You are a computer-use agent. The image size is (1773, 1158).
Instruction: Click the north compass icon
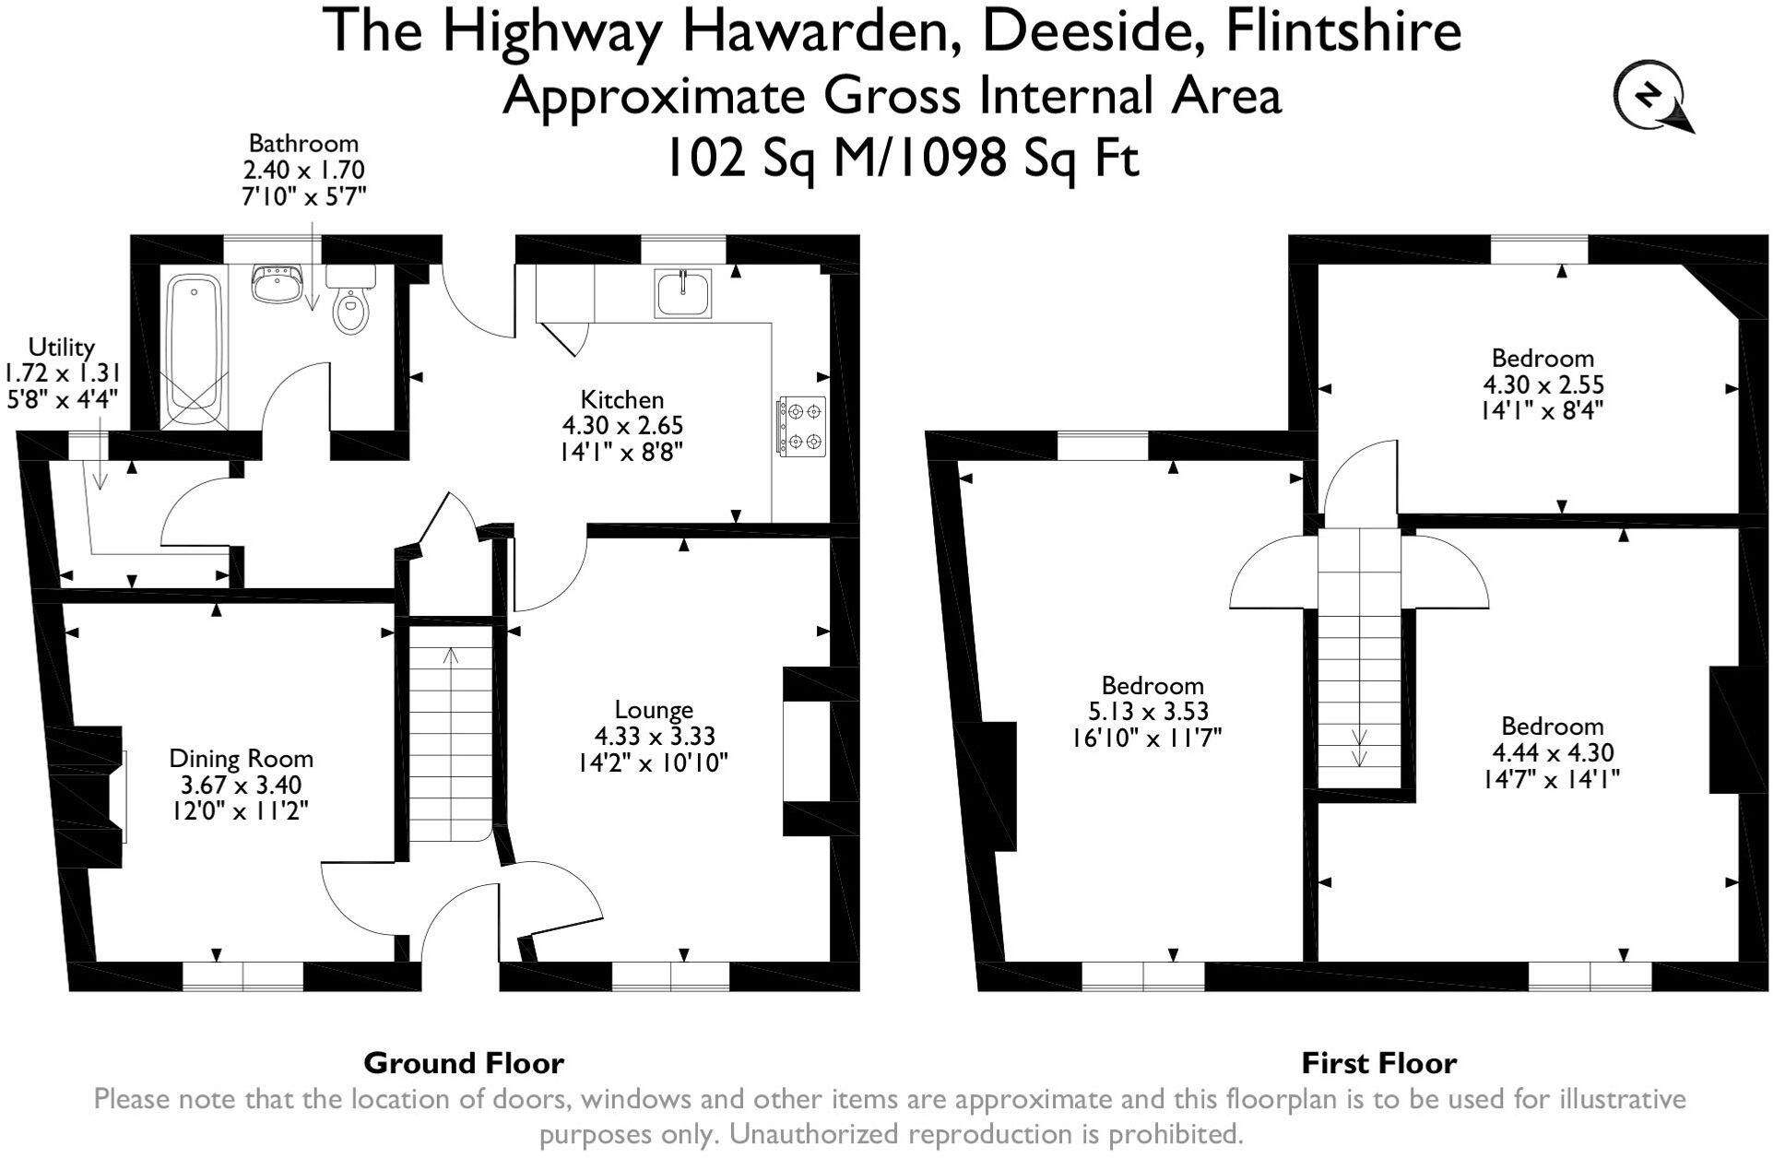pos(1650,95)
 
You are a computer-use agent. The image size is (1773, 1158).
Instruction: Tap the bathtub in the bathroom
pos(194,350)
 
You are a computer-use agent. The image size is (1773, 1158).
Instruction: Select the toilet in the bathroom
pos(350,304)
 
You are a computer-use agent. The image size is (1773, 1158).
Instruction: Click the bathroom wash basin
pos(277,283)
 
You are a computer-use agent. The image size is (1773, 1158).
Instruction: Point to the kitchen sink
pos(683,293)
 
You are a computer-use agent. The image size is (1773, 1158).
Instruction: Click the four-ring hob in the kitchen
pos(801,426)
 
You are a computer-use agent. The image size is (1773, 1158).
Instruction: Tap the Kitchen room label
pos(621,400)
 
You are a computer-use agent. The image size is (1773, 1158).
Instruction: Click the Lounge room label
pos(654,710)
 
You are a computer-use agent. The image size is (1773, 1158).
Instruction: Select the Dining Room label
pos(241,759)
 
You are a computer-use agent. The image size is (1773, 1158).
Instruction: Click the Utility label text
pos(61,348)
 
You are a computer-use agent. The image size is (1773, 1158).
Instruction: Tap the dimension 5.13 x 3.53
pos(1148,712)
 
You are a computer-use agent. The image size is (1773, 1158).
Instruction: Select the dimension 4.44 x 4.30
pos(1553,752)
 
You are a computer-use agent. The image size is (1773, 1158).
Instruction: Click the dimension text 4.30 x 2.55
pos(1543,384)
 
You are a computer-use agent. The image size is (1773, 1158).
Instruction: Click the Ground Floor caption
pos(463,1063)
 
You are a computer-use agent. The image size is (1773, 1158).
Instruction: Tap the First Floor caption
pos(1378,1063)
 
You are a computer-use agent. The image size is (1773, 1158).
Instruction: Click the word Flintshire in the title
pos(1342,31)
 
